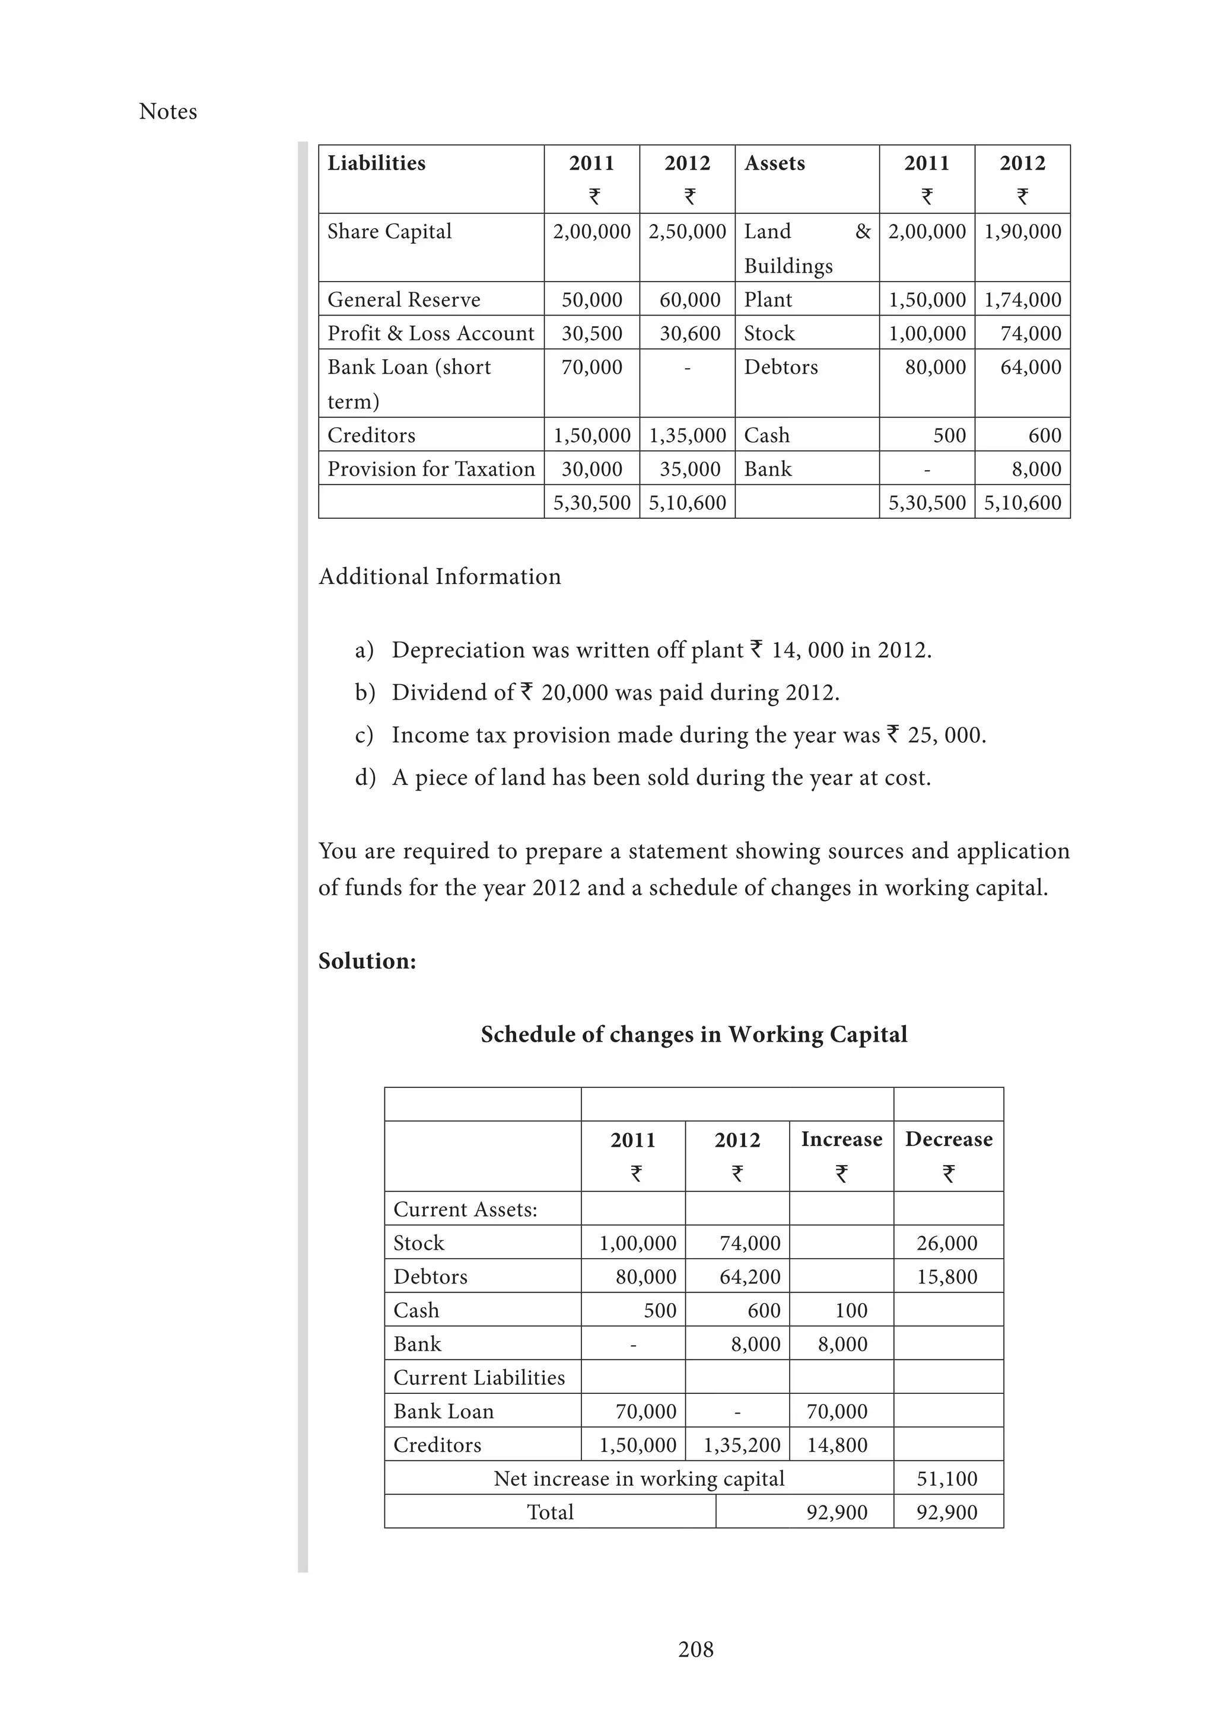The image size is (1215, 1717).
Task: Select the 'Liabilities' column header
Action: [x=376, y=163]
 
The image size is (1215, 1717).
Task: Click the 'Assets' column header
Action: [x=774, y=163]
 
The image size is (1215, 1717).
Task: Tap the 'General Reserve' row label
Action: [x=403, y=299]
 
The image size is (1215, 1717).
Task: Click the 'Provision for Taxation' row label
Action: [x=431, y=469]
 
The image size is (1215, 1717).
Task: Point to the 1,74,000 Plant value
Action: [x=1022, y=299]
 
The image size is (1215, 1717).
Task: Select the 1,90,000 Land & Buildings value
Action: [x=1022, y=231]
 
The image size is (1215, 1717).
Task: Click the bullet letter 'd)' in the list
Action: [x=365, y=778]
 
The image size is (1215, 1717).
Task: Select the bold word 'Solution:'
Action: [x=367, y=961]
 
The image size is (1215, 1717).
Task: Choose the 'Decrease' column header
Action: [x=948, y=1139]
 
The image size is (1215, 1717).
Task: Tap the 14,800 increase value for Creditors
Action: [x=836, y=1445]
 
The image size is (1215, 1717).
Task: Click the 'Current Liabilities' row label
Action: [x=479, y=1377]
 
